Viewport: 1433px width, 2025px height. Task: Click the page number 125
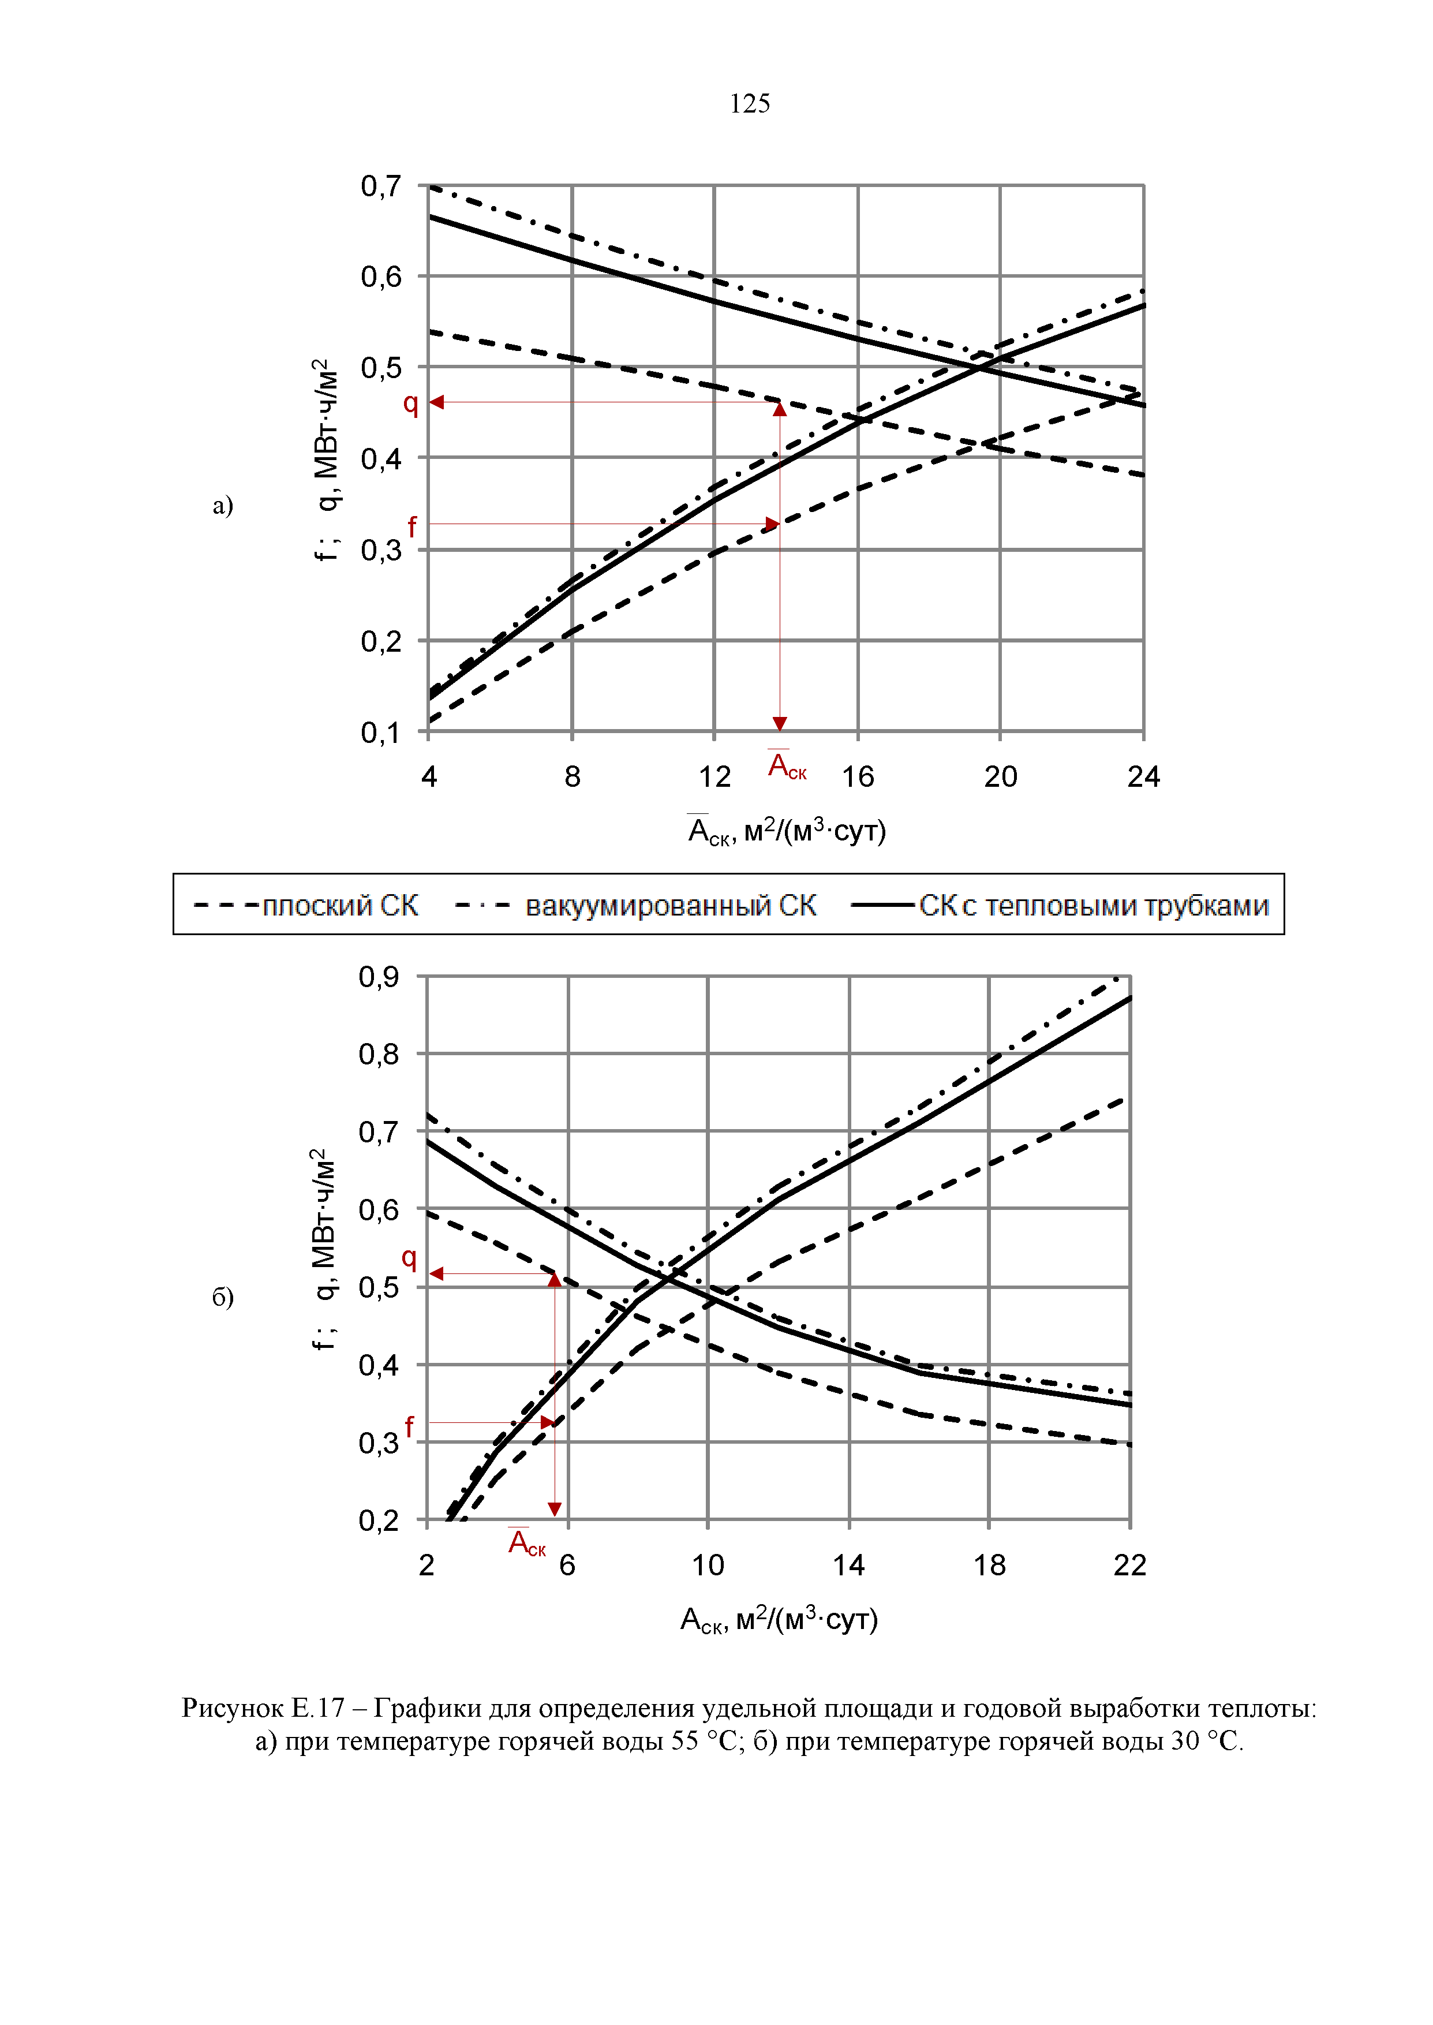(x=749, y=104)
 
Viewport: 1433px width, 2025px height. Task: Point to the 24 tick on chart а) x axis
(x=1143, y=776)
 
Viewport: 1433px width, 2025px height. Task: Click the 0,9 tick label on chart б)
(x=379, y=977)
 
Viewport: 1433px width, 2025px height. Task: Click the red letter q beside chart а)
(x=410, y=403)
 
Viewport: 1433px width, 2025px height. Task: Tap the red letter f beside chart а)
(x=412, y=527)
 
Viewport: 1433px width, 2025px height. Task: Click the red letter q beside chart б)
(x=409, y=1257)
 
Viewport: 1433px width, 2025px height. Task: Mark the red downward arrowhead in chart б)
(x=554, y=1510)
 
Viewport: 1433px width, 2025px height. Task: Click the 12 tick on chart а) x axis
(x=714, y=776)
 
